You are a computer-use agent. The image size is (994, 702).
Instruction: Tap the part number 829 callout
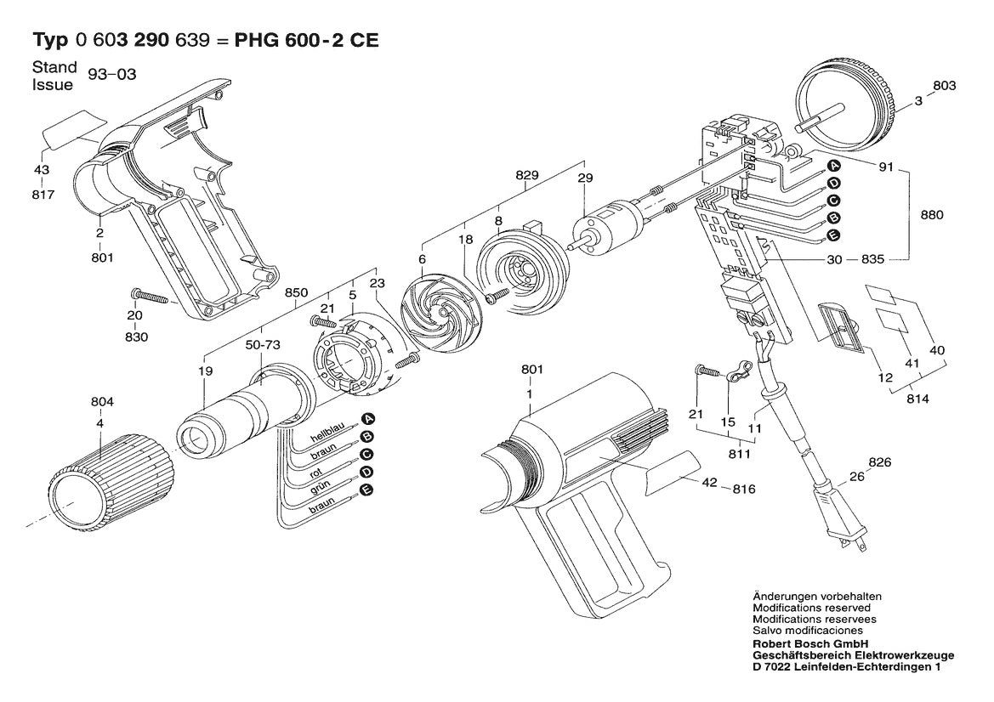(x=527, y=177)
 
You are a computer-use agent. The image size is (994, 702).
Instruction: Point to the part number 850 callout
(x=296, y=293)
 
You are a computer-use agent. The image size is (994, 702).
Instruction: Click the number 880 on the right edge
(x=932, y=215)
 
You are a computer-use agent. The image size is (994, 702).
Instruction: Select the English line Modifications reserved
(x=811, y=609)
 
